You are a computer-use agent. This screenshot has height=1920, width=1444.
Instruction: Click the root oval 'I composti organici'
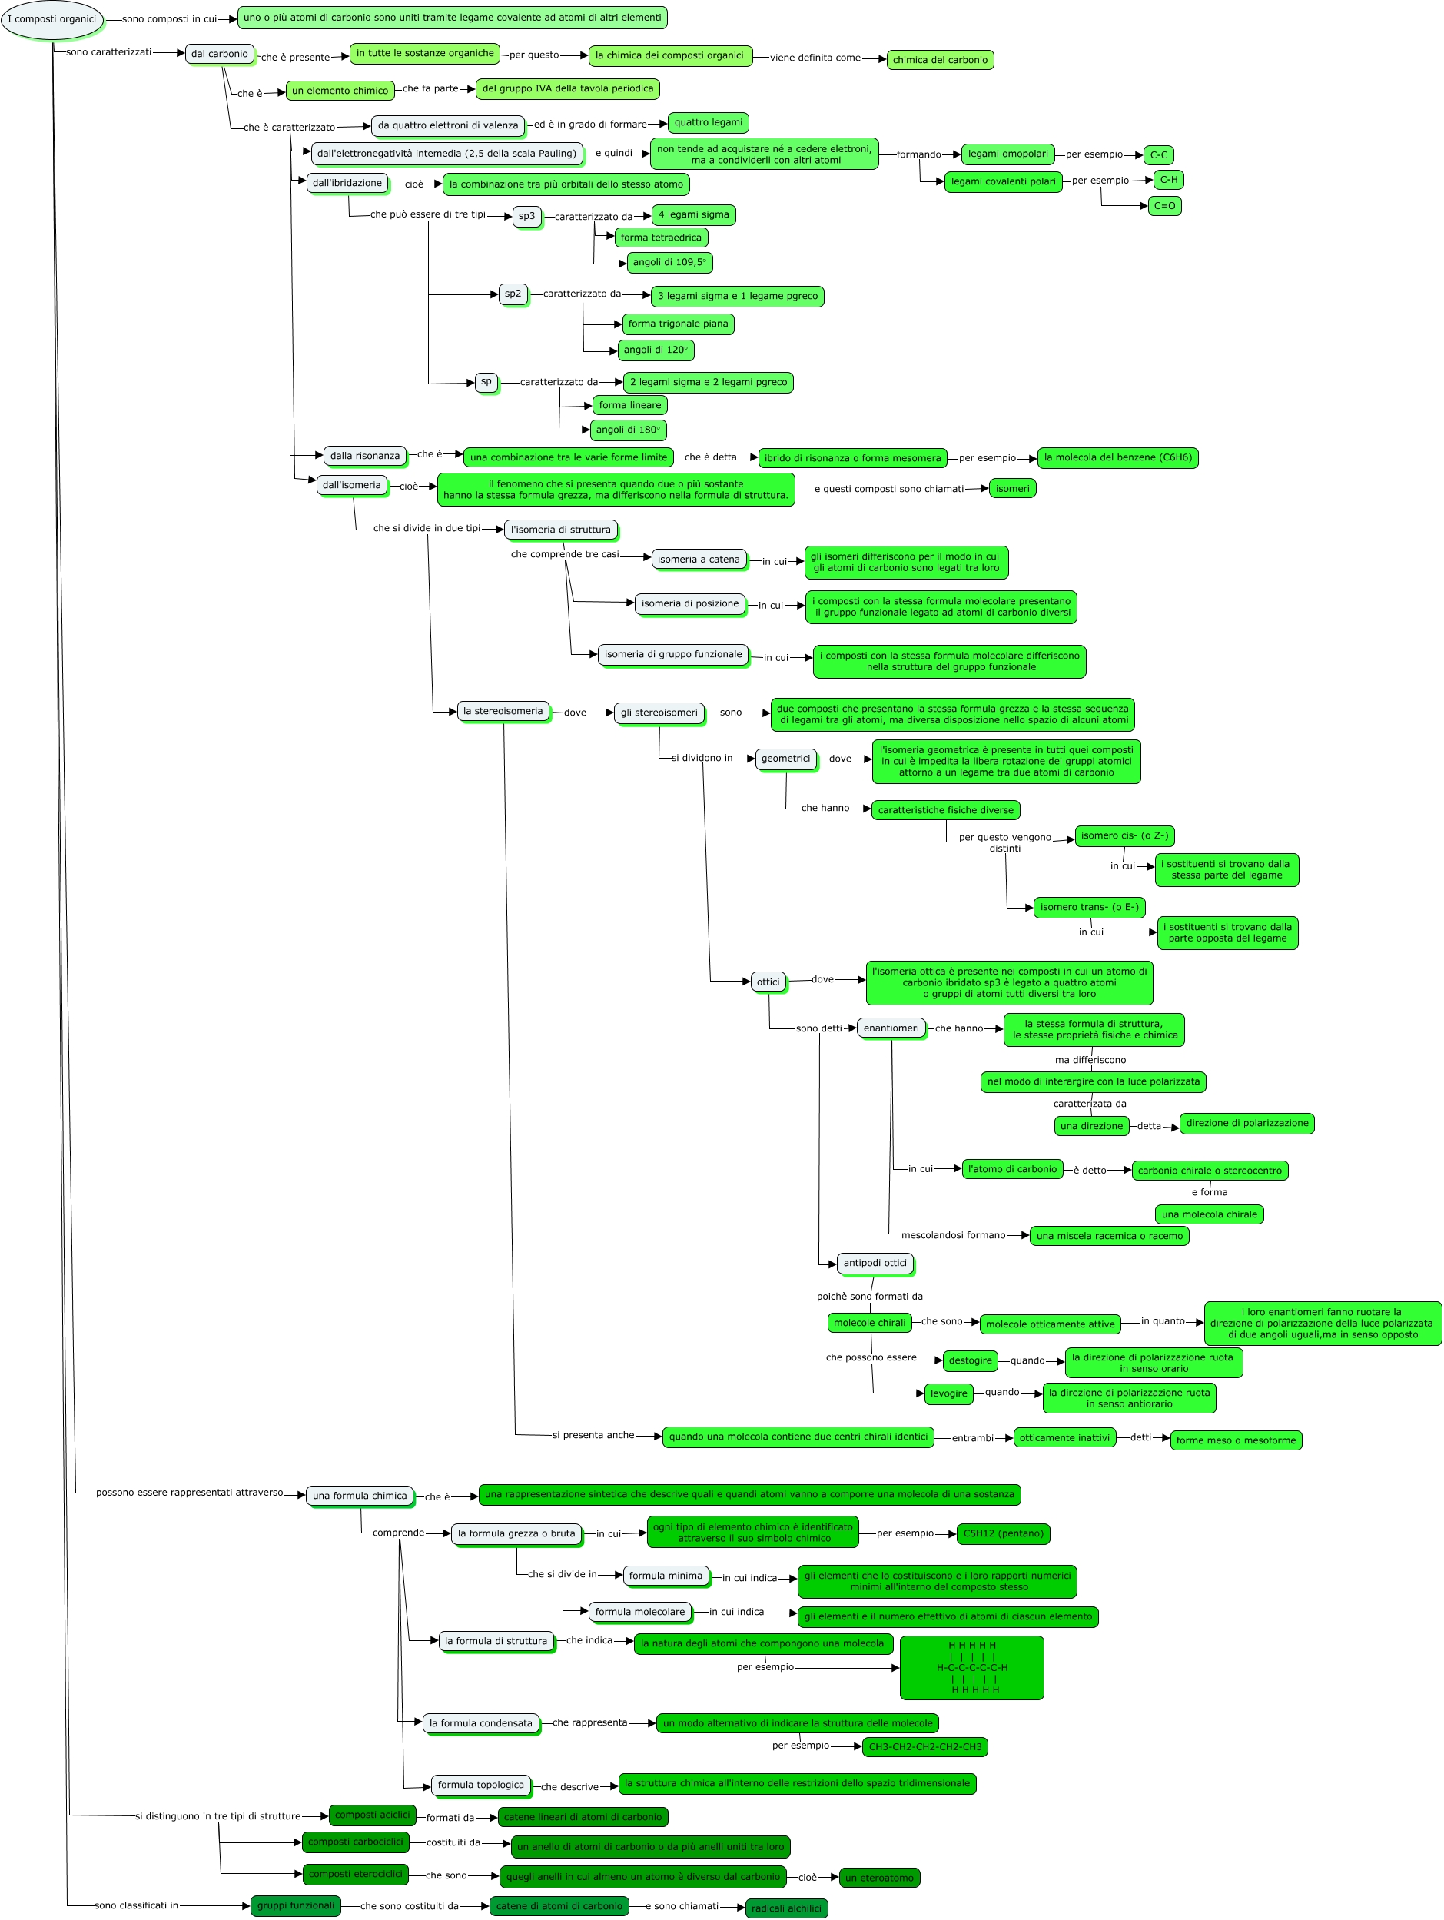[52, 19]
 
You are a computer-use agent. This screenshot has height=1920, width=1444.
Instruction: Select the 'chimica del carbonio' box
[940, 60]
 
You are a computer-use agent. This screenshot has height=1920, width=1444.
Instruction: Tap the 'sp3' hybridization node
[526, 216]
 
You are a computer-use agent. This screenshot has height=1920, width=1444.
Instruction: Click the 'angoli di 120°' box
[656, 350]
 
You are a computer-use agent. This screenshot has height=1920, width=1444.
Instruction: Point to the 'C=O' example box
[1163, 206]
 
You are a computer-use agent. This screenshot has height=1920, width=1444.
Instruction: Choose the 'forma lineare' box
[629, 405]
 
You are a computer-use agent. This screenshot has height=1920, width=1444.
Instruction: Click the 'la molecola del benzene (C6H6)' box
[1117, 457]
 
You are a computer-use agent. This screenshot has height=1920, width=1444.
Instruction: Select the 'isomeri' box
[1012, 489]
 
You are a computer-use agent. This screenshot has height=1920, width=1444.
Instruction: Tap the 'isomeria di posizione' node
[690, 603]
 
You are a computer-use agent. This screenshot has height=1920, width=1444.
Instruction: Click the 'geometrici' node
[785, 759]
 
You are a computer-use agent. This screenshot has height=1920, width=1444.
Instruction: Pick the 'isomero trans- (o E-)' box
[1089, 907]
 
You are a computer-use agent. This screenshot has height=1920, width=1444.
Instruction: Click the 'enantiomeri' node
[891, 1028]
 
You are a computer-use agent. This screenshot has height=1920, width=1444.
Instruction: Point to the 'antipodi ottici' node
[875, 1263]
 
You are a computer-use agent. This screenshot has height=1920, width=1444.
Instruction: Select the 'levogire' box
[948, 1394]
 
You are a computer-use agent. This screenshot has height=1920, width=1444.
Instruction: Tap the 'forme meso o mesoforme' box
[1236, 1440]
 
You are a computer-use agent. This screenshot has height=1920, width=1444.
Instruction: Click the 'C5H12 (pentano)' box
[1003, 1533]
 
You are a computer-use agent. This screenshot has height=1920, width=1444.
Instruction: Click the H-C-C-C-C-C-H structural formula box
[972, 1667]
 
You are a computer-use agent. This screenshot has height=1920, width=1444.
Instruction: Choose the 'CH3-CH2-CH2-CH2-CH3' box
[925, 1747]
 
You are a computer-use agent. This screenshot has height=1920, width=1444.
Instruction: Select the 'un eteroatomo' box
[879, 1878]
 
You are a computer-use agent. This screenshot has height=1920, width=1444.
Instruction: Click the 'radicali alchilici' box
[786, 1908]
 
